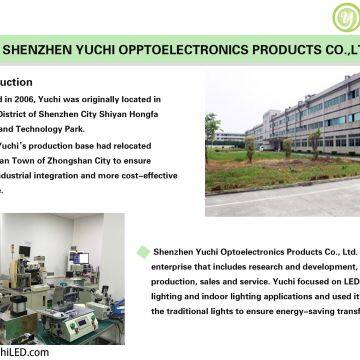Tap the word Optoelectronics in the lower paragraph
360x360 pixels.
[x=232, y=253]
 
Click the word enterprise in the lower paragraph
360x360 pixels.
[x=171, y=269]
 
